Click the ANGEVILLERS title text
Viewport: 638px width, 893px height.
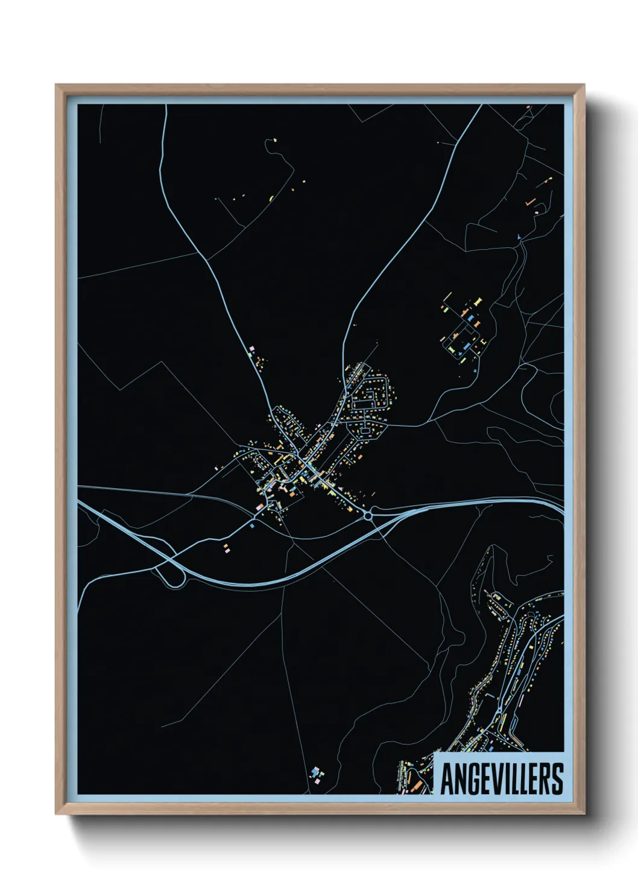[502, 779]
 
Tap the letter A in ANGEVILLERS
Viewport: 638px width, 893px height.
[447, 779]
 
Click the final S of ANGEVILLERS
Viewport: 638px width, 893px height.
[558, 779]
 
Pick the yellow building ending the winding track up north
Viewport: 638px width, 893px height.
[274, 141]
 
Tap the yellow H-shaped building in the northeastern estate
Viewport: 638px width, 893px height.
[478, 299]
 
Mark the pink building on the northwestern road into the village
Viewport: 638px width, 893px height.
[252, 349]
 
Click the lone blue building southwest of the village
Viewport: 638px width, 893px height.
[252, 526]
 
